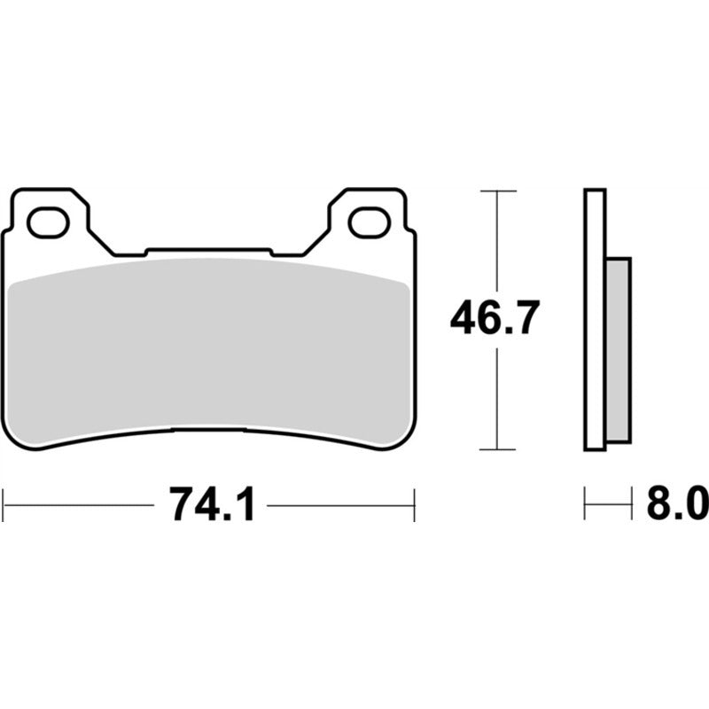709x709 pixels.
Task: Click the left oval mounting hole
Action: pos(48,222)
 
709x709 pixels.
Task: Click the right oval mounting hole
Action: pos(369,222)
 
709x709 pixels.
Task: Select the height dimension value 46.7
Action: pos(495,318)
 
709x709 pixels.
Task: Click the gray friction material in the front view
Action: pos(208,354)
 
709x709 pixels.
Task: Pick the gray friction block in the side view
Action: pos(619,350)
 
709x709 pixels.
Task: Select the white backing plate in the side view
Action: pos(595,319)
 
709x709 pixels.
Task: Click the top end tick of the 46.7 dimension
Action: pos(497,191)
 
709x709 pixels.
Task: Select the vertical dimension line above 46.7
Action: pos(497,239)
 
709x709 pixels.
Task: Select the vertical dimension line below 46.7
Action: pos(497,399)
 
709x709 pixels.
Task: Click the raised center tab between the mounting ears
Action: pos(207,252)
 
